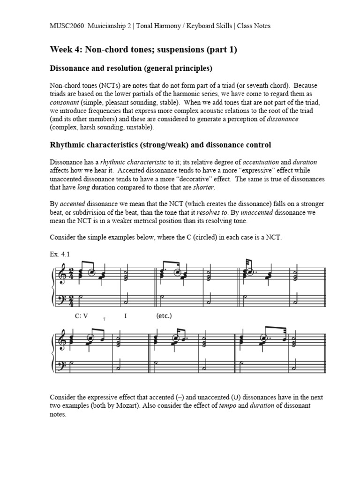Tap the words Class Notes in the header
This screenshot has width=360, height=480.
coord(254,26)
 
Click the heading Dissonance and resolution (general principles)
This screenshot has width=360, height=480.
coord(131,68)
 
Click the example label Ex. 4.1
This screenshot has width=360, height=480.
coord(60,254)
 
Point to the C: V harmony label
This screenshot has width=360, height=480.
coord(82,315)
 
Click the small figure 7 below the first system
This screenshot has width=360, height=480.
coord(104,319)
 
